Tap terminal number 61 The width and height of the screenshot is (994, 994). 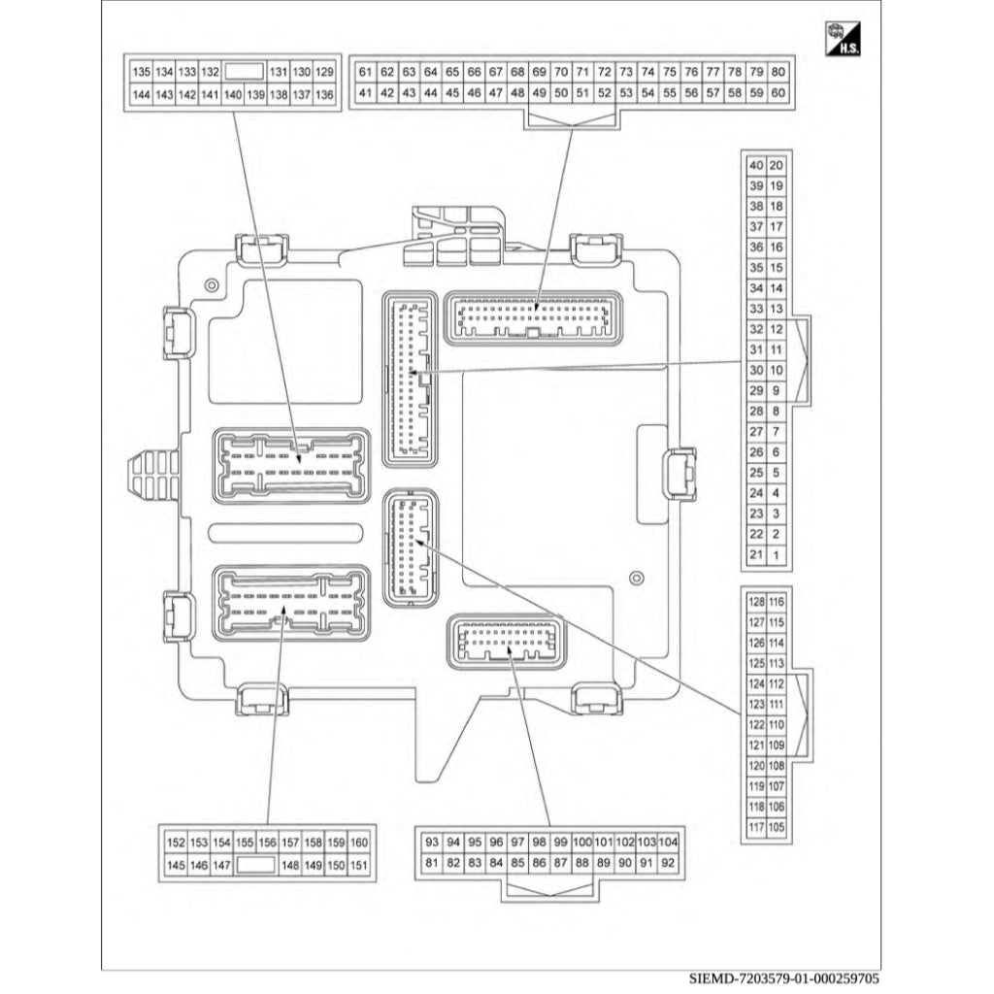click(x=365, y=73)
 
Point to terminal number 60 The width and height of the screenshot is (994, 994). click(x=779, y=94)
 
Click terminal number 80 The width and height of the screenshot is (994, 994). click(x=779, y=73)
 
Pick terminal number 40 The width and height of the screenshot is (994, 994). click(x=756, y=165)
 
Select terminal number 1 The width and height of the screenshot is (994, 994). click(x=777, y=555)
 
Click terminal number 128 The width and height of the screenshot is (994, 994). click(x=757, y=602)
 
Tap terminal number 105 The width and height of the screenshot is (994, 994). click(x=777, y=827)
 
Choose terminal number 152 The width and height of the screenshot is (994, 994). click(x=176, y=843)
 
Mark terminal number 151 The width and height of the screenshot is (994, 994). click(x=359, y=864)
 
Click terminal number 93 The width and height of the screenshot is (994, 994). click(x=433, y=842)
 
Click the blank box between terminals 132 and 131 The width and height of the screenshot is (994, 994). click(x=245, y=73)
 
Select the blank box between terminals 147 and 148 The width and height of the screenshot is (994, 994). click(x=256, y=864)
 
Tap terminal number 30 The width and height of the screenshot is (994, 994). click(x=756, y=370)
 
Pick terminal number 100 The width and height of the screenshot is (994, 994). click(x=582, y=842)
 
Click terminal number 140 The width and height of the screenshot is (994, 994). click(x=233, y=94)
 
